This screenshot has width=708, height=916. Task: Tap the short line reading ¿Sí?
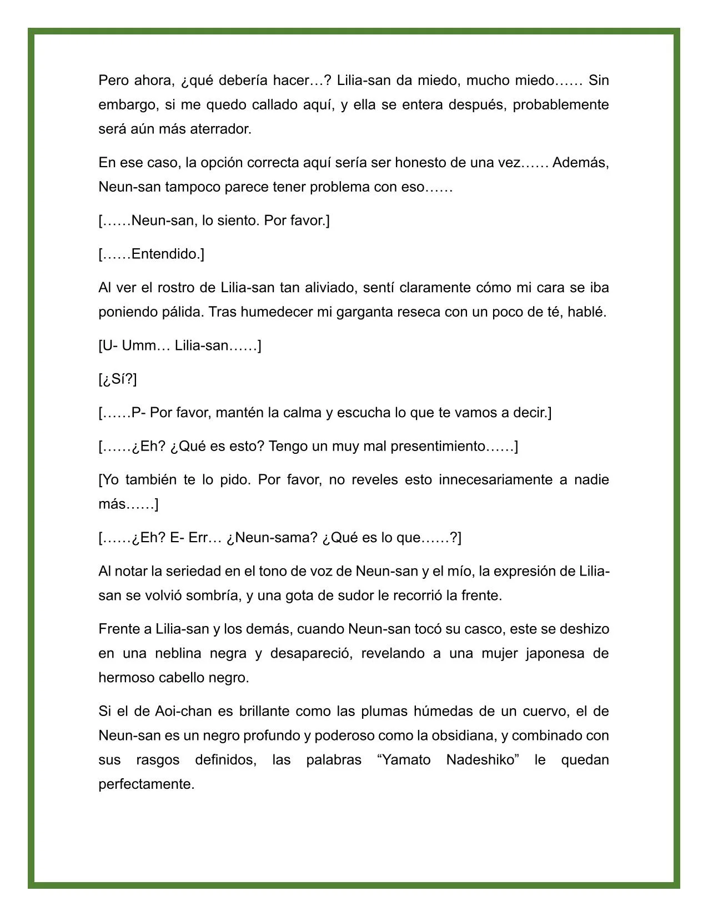click(118, 379)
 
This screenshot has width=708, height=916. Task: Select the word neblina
click(177, 653)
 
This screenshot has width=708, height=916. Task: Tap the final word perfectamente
click(147, 784)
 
